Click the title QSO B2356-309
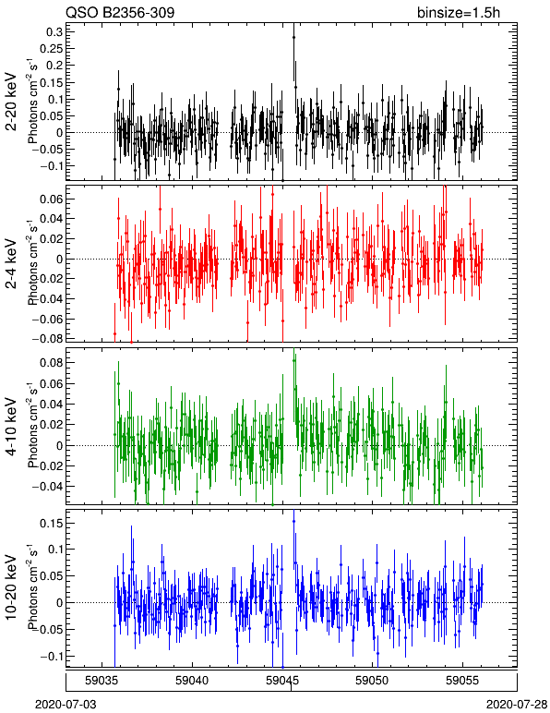pos(120,12)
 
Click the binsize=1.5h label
pos(459,12)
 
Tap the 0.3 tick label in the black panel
pos(54,31)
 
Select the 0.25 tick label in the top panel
pos(51,48)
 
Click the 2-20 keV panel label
pos(11,102)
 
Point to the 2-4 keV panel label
pos(11,264)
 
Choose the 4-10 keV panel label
pos(11,427)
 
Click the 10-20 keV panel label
pos(11,587)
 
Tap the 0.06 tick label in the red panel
pos(51,199)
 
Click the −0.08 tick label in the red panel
pos(47,339)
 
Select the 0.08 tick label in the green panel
pos(51,363)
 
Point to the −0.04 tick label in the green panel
pos(47,487)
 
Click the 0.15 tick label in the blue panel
pos(51,524)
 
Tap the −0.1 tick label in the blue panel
pos(51,657)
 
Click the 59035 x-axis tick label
pos(102,681)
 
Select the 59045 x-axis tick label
pos(282,681)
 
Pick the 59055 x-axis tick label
pos(463,681)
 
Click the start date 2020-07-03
pos(66,705)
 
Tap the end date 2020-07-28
pos(517,705)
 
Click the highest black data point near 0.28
pos(293,37)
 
